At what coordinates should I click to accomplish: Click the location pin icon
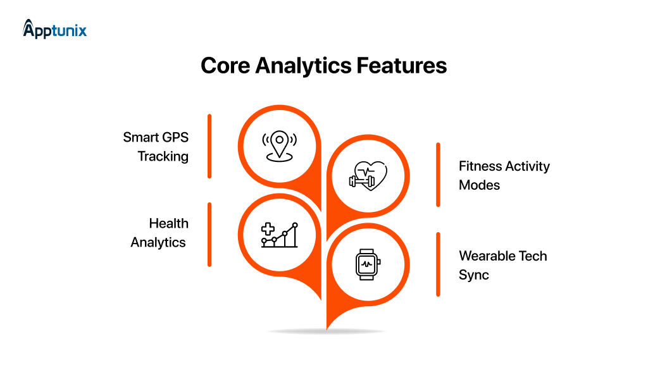tap(279, 145)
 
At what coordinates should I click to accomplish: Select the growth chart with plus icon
tap(279, 235)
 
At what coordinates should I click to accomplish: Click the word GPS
tap(174, 137)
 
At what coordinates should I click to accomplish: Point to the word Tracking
tap(163, 156)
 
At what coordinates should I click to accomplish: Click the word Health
tap(169, 223)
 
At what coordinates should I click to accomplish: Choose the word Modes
tap(480, 185)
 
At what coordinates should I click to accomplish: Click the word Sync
tap(474, 275)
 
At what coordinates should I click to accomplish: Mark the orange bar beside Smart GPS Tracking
tap(209, 146)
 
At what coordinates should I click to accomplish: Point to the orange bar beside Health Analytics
tap(209, 234)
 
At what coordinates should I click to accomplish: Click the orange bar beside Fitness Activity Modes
tap(437, 175)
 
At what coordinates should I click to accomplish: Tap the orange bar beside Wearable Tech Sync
tap(437, 264)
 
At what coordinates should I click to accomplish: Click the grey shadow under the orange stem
tap(327, 331)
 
